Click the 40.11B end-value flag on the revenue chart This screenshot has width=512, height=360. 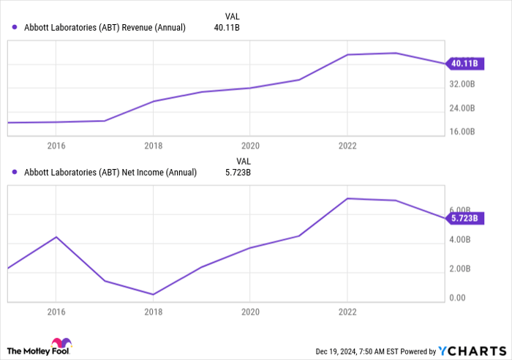[x=464, y=64]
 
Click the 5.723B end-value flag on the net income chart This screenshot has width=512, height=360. [x=464, y=218]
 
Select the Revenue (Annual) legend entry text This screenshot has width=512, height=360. [x=105, y=28]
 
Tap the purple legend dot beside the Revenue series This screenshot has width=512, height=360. [x=15, y=28]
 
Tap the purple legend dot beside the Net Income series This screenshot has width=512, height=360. [x=15, y=173]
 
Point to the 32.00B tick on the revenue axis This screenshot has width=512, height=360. [x=462, y=84]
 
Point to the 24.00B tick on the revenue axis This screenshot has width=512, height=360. [x=462, y=108]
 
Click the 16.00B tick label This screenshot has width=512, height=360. [x=462, y=132]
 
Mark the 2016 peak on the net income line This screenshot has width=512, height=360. [x=56, y=237]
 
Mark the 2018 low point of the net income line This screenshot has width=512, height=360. [x=152, y=294]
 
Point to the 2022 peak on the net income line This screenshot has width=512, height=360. [x=347, y=198]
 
